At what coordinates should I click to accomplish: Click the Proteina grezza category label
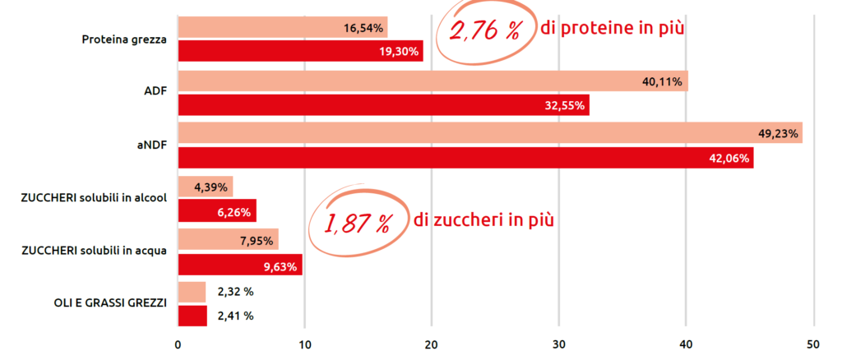125,39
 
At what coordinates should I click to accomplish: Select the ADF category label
155,91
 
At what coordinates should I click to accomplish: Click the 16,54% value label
363,28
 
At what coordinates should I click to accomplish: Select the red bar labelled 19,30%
300,51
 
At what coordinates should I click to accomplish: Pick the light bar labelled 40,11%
433,81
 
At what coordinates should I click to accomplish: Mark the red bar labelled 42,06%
465,158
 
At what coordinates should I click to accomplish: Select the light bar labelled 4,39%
206,187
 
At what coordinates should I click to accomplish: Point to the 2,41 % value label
235,315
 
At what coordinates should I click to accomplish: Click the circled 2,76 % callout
484,31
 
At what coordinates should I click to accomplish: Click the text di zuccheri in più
483,220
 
